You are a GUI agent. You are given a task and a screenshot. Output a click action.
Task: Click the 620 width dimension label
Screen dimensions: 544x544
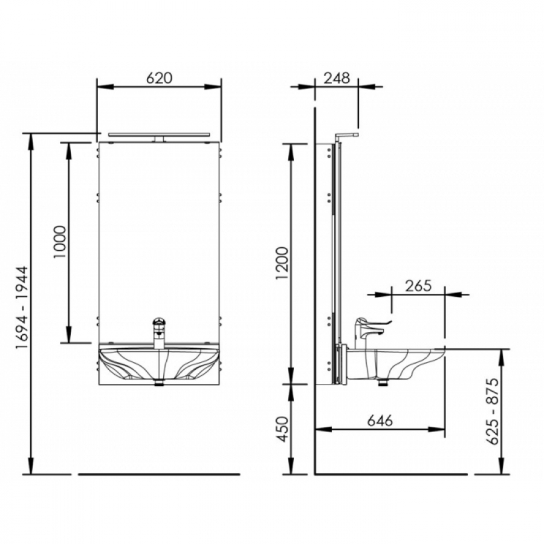tap(159, 78)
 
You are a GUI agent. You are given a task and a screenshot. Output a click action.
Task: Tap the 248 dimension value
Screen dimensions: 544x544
tap(337, 78)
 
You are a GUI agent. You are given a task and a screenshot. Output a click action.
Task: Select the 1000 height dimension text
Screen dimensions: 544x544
tap(60, 242)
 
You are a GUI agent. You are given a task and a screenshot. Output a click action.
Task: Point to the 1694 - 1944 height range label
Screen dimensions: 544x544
tap(23, 308)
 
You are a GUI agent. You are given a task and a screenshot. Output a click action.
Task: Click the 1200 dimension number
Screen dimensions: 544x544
tap(282, 264)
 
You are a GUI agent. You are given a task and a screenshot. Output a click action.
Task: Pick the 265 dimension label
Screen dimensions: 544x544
tap(418, 285)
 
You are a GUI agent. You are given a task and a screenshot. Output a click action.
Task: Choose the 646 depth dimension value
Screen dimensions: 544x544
tap(380, 421)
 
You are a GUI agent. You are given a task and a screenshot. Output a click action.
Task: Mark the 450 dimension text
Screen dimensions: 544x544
tap(283, 429)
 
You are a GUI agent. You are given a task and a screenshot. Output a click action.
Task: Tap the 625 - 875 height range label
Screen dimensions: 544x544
tap(493, 412)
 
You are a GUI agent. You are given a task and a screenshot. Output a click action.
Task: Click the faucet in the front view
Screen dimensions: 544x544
tap(158, 332)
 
